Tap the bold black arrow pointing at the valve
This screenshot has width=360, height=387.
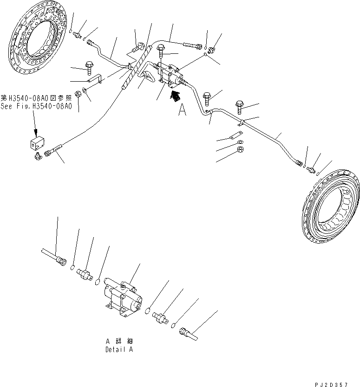[176, 96]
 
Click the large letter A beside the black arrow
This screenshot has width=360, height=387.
[182, 111]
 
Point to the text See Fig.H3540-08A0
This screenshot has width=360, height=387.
[36, 106]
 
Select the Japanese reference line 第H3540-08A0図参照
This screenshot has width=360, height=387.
[36, 98]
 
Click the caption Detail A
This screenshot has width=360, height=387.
[119, 349]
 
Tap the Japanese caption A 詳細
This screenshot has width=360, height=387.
[119, 341]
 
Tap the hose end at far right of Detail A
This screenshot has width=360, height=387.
[188, 333]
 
